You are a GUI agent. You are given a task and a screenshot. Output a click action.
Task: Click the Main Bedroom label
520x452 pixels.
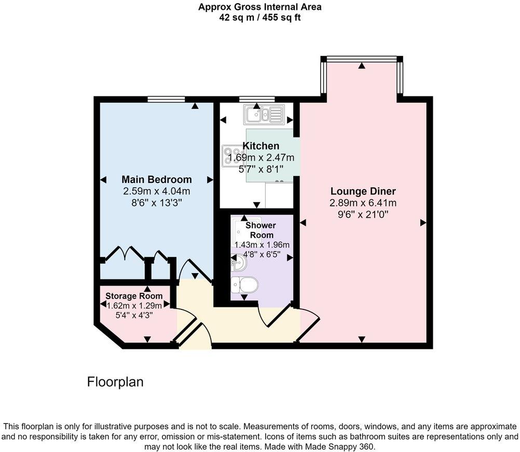point(156,179)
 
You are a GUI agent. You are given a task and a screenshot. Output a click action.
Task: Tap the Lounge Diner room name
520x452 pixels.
point(362,191)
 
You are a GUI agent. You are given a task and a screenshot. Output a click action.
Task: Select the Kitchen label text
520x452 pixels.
point(261,146)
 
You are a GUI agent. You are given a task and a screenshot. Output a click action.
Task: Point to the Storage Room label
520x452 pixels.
point(134,296)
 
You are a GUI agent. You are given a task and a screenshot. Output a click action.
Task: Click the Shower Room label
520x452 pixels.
point(261,230)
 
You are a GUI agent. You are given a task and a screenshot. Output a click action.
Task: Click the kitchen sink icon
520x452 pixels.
point(265,115)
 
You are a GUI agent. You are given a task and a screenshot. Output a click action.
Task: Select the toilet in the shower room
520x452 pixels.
point(244,285)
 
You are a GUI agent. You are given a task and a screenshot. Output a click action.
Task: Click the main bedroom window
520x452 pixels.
point(166,99)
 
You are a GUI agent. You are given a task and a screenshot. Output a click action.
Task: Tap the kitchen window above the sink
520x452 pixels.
point(257,99)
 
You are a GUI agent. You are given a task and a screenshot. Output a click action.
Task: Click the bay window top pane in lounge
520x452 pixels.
point(361,59)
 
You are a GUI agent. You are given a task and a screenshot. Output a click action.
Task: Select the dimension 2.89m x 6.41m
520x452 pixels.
point(362,203)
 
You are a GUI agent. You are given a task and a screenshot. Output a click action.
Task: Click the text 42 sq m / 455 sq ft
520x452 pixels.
point(259,17)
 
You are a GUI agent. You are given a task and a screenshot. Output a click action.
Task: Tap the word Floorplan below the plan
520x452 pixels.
point(115,382)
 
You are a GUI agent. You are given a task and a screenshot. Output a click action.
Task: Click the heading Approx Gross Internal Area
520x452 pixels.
point(259,7)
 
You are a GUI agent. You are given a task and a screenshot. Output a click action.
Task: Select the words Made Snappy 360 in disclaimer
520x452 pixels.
point(344,446)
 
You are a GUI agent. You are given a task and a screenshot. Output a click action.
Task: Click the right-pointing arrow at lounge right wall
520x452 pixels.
point(423,222)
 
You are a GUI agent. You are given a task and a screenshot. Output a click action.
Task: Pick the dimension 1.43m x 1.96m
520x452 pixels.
point(262,245)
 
